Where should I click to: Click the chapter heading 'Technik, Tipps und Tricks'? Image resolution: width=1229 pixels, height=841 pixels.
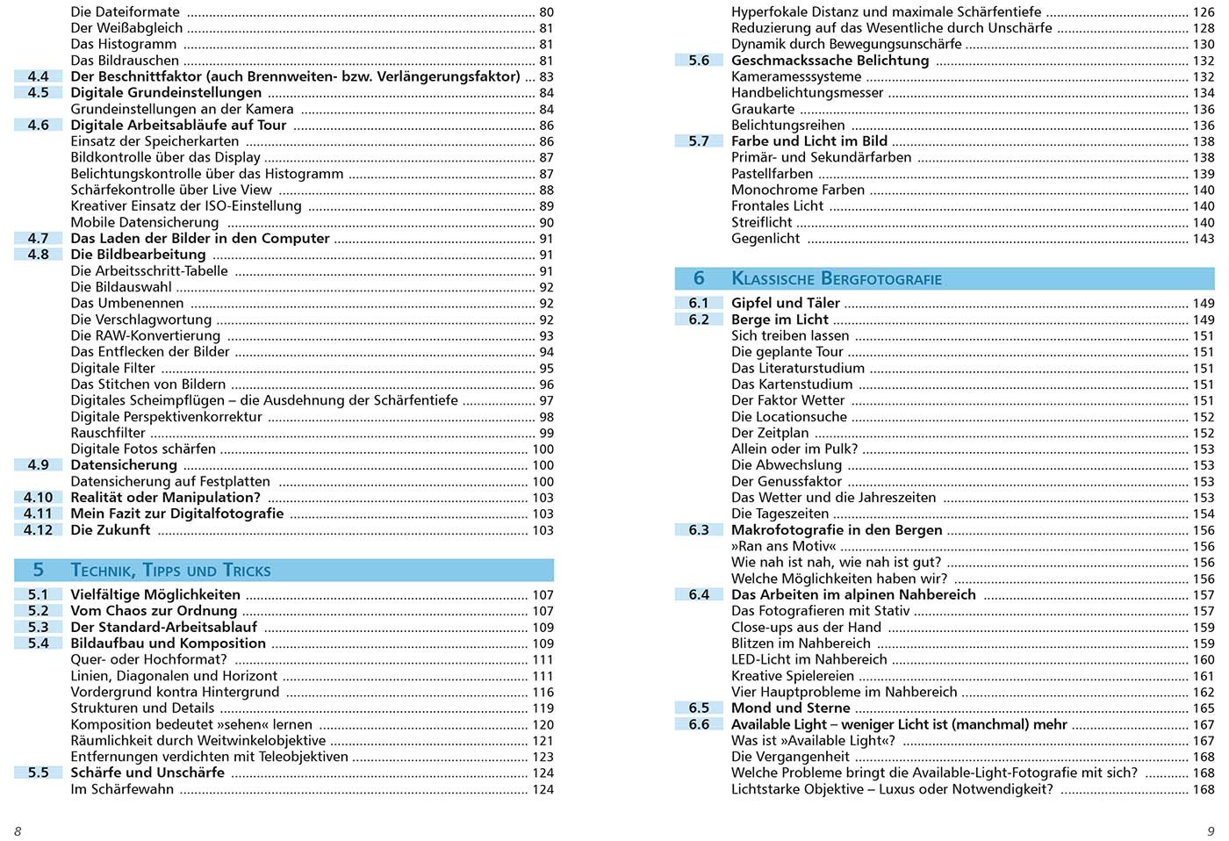tap(170, 571)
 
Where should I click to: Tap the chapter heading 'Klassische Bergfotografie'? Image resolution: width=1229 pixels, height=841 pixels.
tap(836, 279)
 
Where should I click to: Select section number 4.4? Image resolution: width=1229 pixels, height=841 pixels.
tap(38, 76)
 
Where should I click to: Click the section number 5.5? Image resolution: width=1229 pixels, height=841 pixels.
tap(38, 773)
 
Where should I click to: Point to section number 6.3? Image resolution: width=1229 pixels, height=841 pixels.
tap(699, 530)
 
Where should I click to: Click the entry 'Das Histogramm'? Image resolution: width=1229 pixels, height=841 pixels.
tap(123, 44)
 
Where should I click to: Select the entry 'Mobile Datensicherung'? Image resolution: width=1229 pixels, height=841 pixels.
tap(144, 222)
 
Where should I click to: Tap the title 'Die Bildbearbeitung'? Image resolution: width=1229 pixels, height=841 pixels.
tap(138, 255)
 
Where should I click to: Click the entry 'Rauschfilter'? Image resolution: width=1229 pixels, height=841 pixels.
tap(108, 433)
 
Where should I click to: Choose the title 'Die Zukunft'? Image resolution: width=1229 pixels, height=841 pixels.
tap(110, 530)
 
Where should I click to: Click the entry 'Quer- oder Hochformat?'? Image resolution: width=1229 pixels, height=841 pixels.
tap(148, 659)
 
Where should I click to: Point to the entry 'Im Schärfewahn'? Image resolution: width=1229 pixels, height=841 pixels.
tap(122, 789)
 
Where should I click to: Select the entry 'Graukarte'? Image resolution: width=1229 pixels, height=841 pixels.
tap(763, 109)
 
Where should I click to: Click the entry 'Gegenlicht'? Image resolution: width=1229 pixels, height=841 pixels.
tap(765, 239)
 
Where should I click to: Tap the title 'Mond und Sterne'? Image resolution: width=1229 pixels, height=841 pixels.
tap(790, 708)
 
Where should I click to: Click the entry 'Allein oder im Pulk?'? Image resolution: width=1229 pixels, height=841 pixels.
tap(794, 449)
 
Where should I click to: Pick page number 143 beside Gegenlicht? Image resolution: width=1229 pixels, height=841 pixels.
tap(1204, 239)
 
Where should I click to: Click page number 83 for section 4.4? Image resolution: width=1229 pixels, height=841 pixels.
tap(546, 76)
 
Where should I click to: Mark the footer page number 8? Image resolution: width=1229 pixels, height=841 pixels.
tap(18, 831)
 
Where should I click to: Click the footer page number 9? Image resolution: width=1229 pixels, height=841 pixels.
tap(1211, 831)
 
